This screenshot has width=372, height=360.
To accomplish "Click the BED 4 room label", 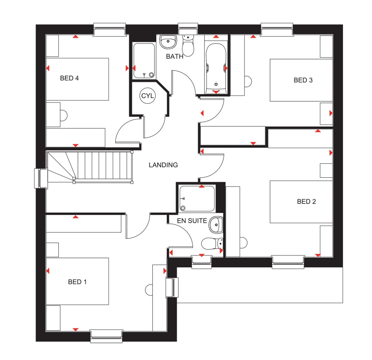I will click(69, 78).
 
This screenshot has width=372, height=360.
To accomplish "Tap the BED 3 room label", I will click(303, 80).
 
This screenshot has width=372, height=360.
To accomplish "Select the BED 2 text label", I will click(306, 201).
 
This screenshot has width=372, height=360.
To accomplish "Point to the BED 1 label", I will click(77, 282).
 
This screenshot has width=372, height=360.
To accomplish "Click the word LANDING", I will click(163, 165).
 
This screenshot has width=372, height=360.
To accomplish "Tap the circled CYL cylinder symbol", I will click(148, 96).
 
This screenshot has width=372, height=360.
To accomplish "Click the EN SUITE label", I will click(192, 220).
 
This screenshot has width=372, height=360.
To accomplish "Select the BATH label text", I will click(174, 56).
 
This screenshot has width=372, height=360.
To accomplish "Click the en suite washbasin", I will click(216, 225).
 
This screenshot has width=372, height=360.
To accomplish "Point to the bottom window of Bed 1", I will click(106, 336).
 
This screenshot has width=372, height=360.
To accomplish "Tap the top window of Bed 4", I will click(109, 30).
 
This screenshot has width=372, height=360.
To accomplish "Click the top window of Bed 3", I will click(277, 30).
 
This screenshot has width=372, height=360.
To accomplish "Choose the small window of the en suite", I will click(201, 261).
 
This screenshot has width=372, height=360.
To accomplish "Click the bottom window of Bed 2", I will click(288, 262).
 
